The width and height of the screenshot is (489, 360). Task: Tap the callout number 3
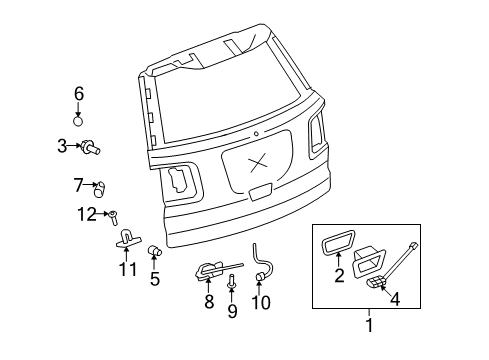tap(62, 146)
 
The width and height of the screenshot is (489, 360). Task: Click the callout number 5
tap(155, 279)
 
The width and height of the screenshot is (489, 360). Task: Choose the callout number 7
tap(78, 184)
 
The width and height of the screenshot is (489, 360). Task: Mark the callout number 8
tap(209, 300)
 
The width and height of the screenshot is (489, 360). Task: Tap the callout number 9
tap(232, 311)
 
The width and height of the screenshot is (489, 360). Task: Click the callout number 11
tap(127, 269)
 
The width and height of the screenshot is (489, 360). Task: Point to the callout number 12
tap(88, 213)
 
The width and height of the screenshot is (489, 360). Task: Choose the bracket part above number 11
tap(127, 239)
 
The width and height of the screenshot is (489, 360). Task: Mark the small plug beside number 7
tap(99, 186)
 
